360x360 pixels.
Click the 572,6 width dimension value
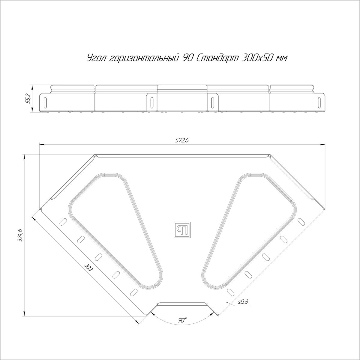pos(181,140)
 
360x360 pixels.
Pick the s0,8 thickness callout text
pos(243,307)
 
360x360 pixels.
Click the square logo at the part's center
pos(182,229)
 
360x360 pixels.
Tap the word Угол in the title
pos(96,58)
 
